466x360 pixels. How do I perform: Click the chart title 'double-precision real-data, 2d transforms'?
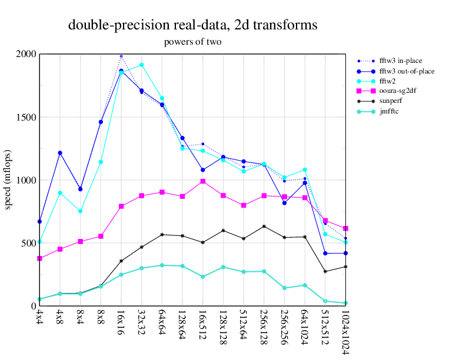pos(193,25)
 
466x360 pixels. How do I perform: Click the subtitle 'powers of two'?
pos(192,42)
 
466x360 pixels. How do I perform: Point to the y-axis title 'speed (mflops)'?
pos(8,179)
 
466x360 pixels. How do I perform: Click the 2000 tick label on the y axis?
pos(26,54)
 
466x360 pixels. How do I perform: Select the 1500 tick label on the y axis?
pos(26,117)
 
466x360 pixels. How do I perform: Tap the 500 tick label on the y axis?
pos(29,243)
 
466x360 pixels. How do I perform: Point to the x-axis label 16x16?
pos(121,324)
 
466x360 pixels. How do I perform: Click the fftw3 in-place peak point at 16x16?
pos(121,56)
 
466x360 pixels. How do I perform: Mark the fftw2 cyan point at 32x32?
pos(142,65)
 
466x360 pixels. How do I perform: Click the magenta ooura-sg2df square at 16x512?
pos(203,181)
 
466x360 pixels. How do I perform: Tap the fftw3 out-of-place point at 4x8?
pos(60,153)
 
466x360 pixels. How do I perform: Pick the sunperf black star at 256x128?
pos(264,226)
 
